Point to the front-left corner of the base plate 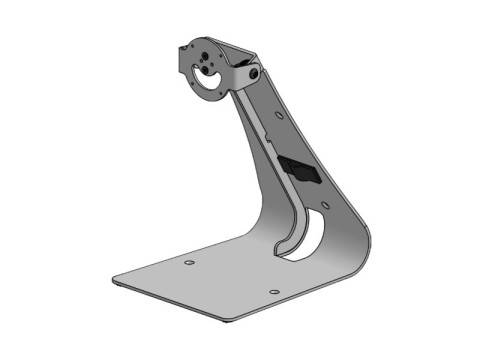[x=116, y=274]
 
